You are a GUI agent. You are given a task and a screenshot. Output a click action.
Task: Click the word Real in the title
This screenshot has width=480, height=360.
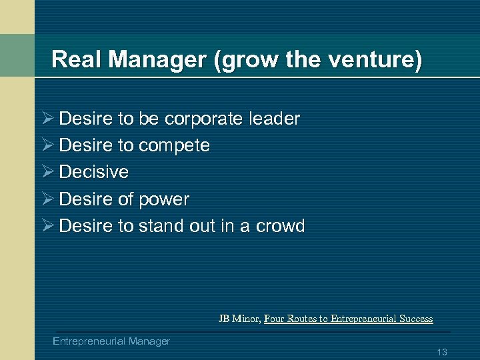pyautogui.click(x=73, y=60)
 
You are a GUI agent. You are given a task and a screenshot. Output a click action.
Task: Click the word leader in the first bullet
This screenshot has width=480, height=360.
pyautogui.click(x=274, y=119)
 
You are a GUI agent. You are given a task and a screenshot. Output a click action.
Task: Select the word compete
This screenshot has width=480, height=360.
pyautogui.click(x=174, y=145)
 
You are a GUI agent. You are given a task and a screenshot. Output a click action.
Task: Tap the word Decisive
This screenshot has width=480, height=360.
pyautogui.click(x=94, y=172)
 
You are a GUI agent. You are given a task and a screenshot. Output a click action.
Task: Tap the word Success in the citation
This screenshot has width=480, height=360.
pyautogui.click(x=417, y=319)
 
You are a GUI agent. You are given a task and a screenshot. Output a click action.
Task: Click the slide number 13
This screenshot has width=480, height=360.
pyautogui.click(x=441, y=351)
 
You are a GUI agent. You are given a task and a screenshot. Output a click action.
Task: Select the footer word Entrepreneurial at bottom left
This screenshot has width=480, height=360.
pyautogui.click(x=89, y=341)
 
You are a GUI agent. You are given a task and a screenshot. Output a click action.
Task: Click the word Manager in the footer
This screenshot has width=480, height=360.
pyautogui.click(x=149, y=341)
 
